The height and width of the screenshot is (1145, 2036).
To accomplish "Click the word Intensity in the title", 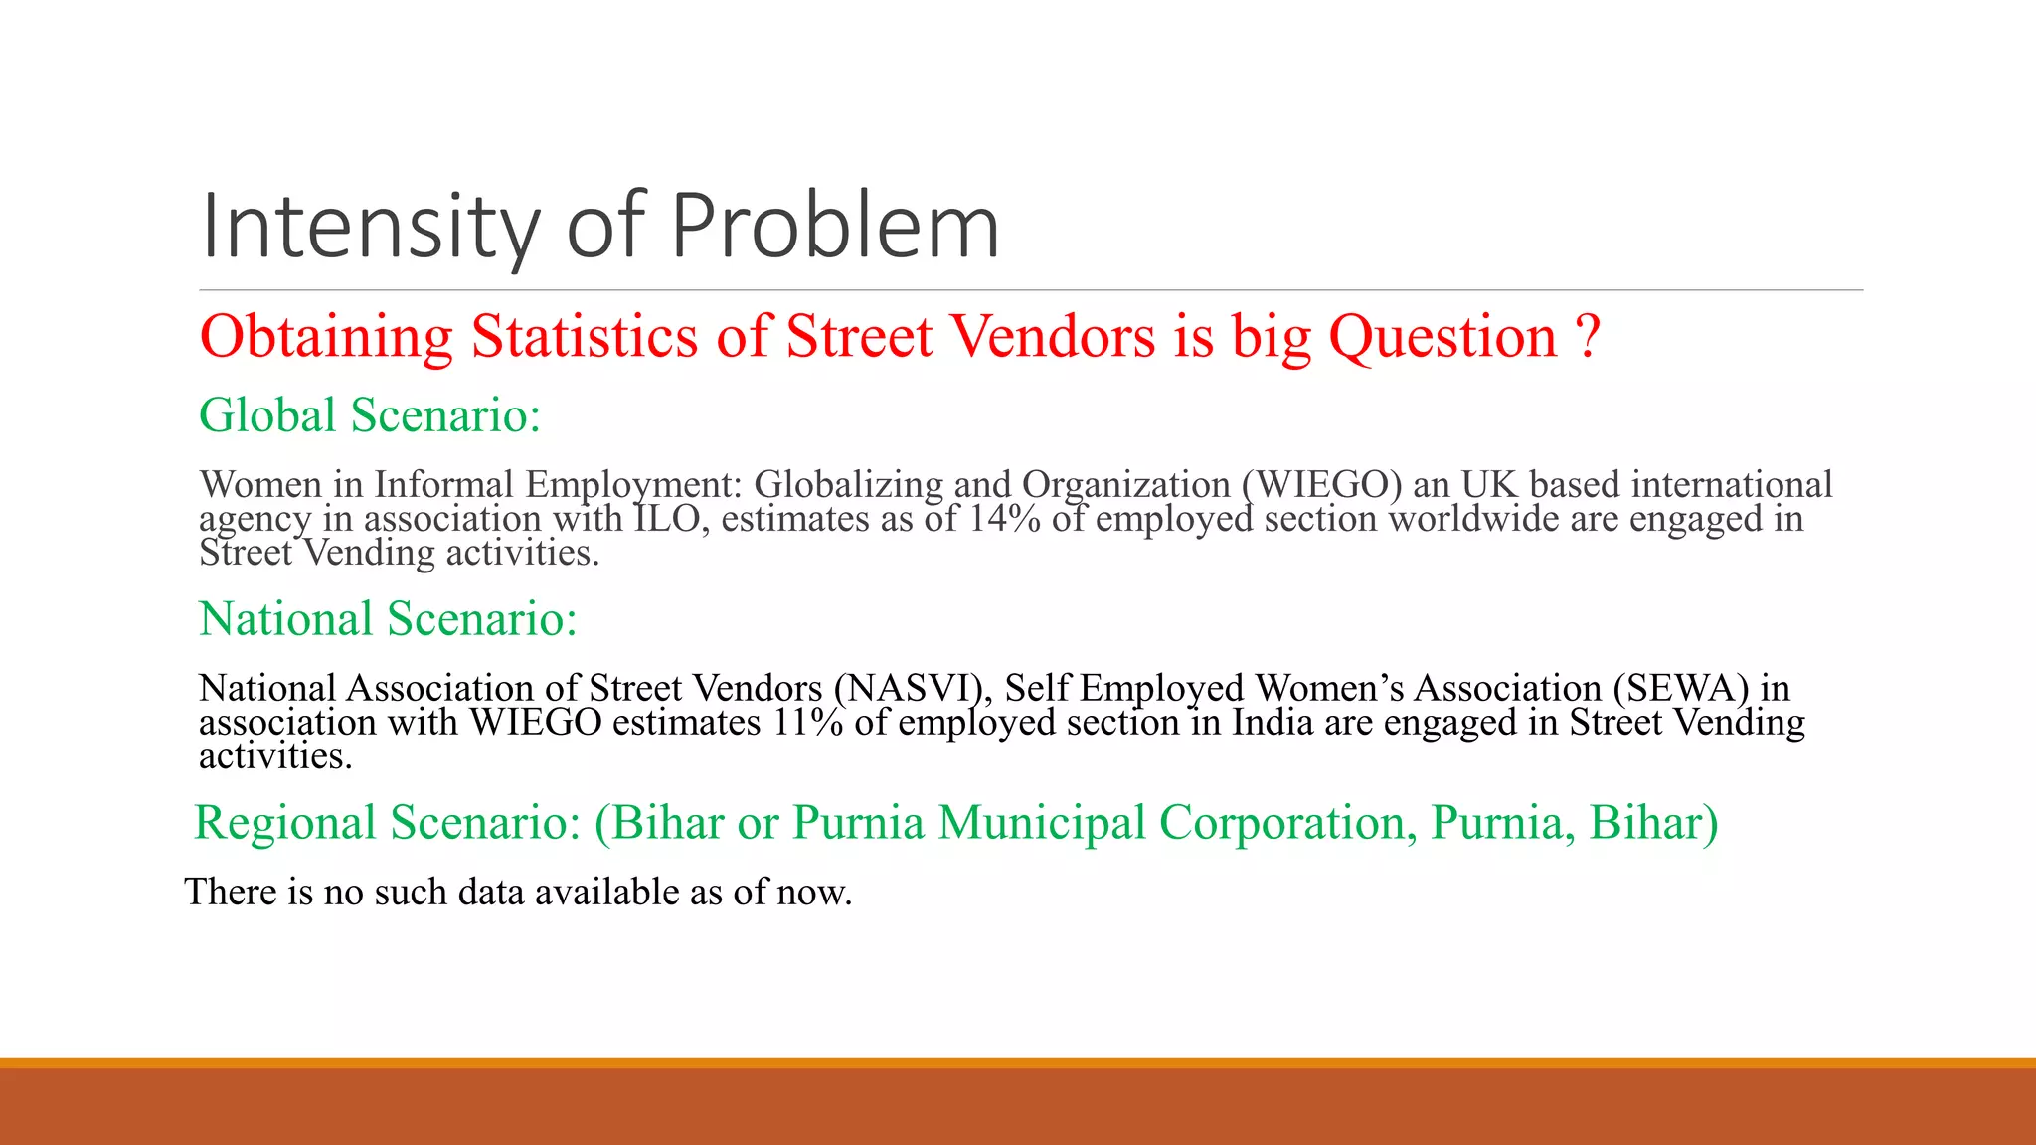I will tap(370, 227).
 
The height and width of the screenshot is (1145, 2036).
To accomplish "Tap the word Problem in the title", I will tap(835, 227).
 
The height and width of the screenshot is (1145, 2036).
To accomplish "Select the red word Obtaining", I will tap(326, 336).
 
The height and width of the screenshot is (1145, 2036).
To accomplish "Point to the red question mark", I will tap(1588, 336).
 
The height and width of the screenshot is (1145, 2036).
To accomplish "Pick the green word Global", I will tap(267, 415).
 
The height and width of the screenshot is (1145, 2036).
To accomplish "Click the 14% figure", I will tap(1005, 519).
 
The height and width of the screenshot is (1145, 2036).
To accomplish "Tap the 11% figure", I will tap(808, 723).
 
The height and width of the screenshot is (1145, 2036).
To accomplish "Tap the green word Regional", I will tap(285, 823).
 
